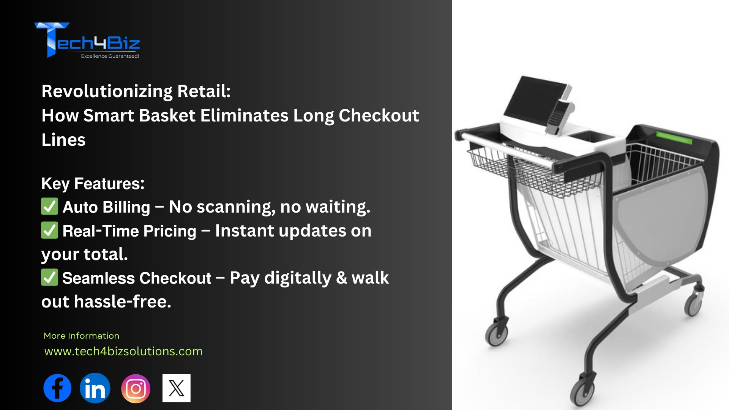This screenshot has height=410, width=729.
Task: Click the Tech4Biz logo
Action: pos(87,40)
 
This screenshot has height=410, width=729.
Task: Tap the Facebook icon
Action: pos(57,388)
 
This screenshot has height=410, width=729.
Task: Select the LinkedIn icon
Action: pos(95,388)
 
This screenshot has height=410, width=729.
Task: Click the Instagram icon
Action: pos(136,388)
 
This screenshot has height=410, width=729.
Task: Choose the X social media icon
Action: pos(177,388)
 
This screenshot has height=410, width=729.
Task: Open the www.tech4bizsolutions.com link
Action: pos(123,351)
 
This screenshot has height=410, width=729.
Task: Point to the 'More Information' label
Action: pos(81,336)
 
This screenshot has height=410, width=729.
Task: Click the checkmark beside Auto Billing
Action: pos(49,206)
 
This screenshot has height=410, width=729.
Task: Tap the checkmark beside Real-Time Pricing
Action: pos(49,230)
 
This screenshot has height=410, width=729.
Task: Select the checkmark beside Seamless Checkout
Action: pos(49,277)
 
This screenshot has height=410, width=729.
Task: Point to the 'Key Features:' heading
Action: pos(93,184)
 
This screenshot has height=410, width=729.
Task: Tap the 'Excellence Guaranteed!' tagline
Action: pos(110,56)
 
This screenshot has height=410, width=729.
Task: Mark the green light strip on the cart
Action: pos(674,137)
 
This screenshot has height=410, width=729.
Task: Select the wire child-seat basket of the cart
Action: pos(532,171)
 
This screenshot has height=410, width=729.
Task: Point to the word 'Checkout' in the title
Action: pos(379,115)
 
